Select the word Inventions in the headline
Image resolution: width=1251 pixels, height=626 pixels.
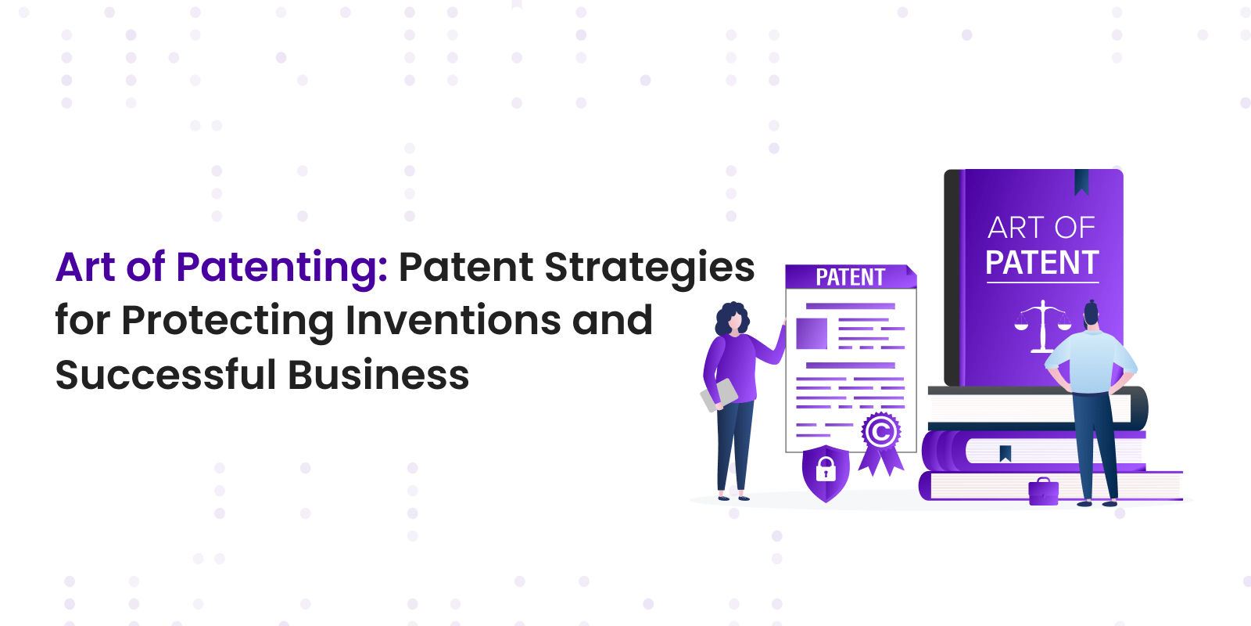pos(453,321)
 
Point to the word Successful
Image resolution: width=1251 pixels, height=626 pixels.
pos(166,375)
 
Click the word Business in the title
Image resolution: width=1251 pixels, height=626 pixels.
pos(378,375)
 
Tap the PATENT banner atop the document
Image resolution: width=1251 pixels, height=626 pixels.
pos(851,277)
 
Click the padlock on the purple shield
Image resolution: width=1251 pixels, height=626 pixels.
pos(826,469)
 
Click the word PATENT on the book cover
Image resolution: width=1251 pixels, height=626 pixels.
pos(1042,263)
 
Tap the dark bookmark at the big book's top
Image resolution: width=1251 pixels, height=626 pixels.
pos(1082,182)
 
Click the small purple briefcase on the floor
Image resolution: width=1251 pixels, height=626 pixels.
pos(1043,492)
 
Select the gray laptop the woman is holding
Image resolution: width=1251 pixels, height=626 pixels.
pos(719,394)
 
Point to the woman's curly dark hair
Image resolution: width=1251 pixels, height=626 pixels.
pos(731,318)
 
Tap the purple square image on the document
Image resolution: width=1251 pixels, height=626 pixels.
pos(811,333)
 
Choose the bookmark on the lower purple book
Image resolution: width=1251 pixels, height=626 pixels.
pos(1005,453)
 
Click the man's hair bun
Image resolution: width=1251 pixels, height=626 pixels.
pos(1091,306)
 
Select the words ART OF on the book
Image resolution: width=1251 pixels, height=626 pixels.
pos(1041,228)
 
